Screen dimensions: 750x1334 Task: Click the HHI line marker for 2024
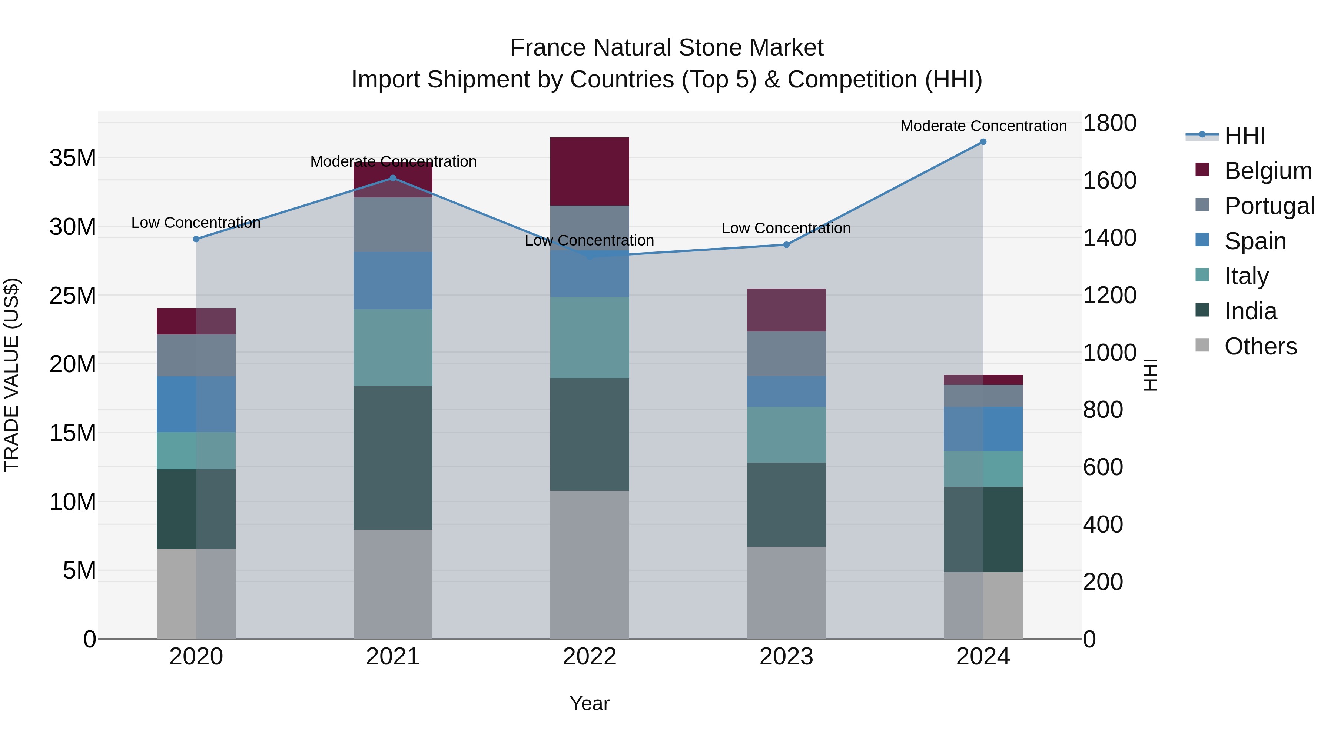pyautogui.click(x=983, y=142)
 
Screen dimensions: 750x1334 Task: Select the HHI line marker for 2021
pyautogui.click(x=392, y=178)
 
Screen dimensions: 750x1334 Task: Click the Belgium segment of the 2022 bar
pyautogui.click(x=589, y=171)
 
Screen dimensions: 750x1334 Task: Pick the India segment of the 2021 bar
pyautogui.click(x=392, y=457)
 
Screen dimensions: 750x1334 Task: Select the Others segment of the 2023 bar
pyautogui.click(x=786, y=593)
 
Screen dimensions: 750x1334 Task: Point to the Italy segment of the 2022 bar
pyautogui.click(x=589, y=337)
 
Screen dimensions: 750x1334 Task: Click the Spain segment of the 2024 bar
pyautogui.click(x=983, y=429)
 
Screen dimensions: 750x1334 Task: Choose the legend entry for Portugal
pyautogui.click(x=1269, y=206)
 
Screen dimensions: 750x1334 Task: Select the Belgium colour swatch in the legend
pyautogui.click(x=1202, y=170)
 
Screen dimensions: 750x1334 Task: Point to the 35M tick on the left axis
pyautogui.click(x=73, y=158)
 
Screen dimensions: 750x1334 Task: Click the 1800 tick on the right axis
pyautogui.click(x=1109, y=123)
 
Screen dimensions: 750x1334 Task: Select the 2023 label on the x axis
pyautogui.click(x=786, y=657)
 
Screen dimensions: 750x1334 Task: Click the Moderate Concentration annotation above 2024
pyautogui.click(x=983, y=126)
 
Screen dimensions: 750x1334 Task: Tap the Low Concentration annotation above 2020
pyautogui.click(x=196, y=223)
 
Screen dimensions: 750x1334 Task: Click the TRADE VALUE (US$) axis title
pyautogui.click(x=11, y=375)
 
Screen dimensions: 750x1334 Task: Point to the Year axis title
pyautogui.click(x=589, y=703)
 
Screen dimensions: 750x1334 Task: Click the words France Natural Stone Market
pyautogui.click(x=667, y=48)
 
